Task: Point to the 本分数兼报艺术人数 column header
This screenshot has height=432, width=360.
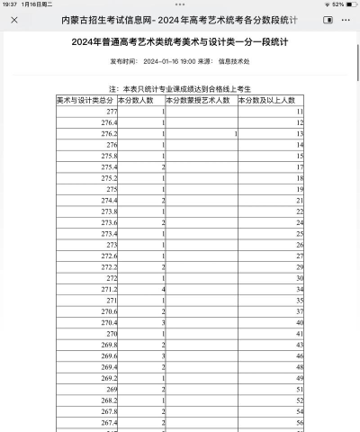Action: [x=200, y=100]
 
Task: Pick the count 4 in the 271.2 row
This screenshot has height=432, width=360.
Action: [x=162, y=289]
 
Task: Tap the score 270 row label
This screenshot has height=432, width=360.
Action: [x=112, y=333]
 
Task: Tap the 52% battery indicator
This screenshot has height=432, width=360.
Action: [x=339, y=4]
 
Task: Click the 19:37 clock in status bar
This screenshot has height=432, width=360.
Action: [x=10, y=4]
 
